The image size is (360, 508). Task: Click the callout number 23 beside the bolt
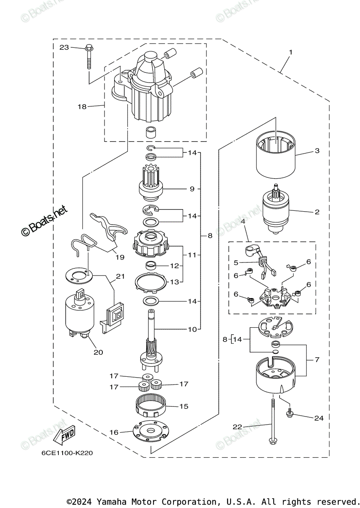(64, 47)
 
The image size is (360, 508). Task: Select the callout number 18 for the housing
(82, 107)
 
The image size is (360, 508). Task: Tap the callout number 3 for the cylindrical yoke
(317, 151)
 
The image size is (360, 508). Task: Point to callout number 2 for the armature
(317, 212)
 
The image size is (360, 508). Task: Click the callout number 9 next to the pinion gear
(192, 189)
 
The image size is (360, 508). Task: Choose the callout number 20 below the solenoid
(98, 352)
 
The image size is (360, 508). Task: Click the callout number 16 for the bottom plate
(114, 433)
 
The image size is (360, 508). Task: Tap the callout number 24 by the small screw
(319, 418)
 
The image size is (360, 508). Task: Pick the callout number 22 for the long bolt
(237, 427)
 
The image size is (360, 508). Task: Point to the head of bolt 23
(89, 47)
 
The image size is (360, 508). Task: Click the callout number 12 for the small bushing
(175, 266)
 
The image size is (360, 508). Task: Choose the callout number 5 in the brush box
(236, 262)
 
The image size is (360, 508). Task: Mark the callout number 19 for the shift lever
(120, 257)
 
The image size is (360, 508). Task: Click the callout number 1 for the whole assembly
(291, 52)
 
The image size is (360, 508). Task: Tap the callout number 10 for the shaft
(192, 329)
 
